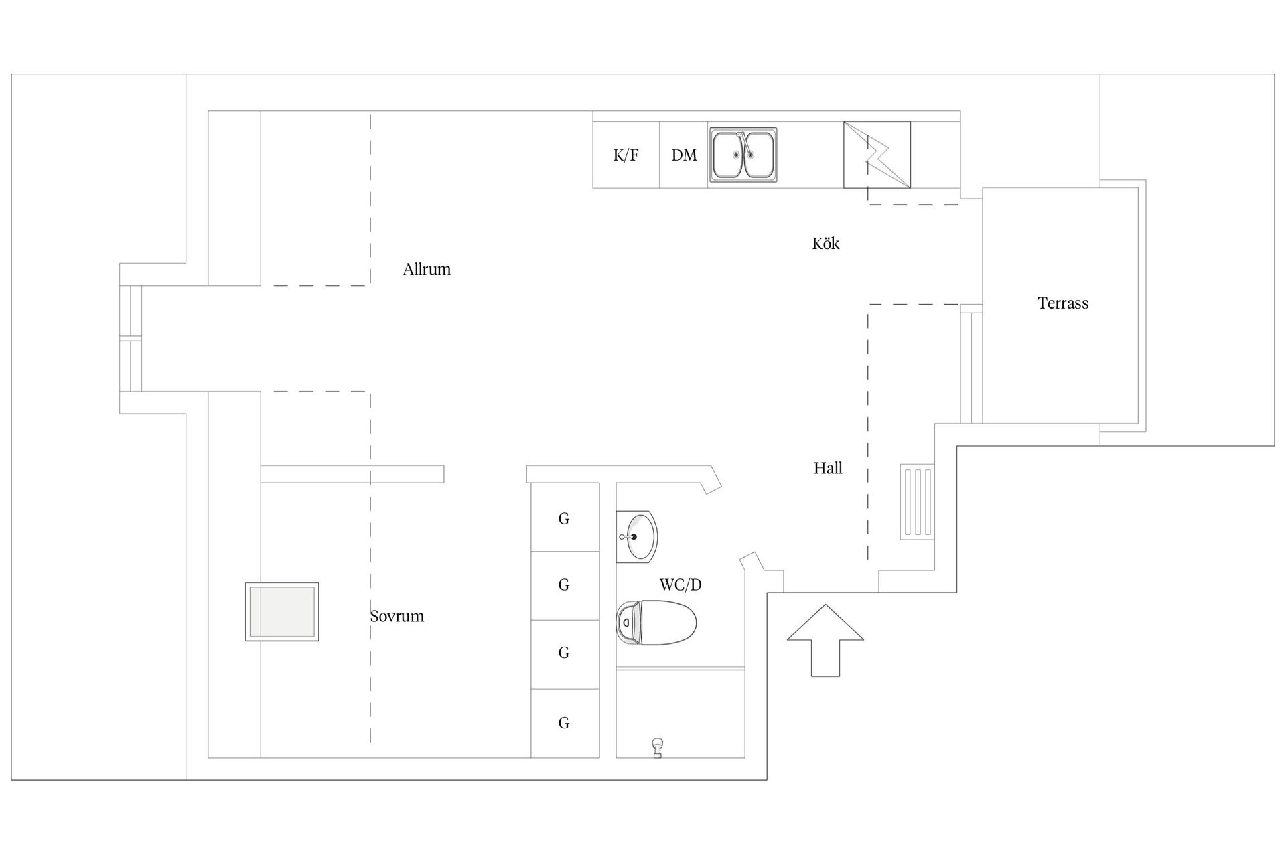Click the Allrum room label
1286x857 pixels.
coord(427,270)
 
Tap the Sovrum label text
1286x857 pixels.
coord(397,616)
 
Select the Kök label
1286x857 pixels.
coord(825,244)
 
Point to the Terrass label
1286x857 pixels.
coord(1062,303)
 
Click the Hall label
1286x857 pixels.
coord(828,468)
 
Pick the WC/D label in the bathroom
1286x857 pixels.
coord(680,585)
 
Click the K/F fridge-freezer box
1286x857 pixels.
coord(626,155)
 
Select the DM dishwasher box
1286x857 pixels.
coord(684,155)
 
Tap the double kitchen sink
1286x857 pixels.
coord(743,155)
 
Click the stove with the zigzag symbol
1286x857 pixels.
coord(877,155)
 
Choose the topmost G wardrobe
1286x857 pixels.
coord(565,518)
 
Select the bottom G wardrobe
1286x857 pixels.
coord(565,723)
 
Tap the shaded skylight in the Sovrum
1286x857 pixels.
coord(282,612)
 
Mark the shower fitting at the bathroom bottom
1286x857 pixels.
coord(658,747)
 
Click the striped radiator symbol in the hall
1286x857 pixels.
coord(916,502)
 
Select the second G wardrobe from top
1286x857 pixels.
coord(565,585)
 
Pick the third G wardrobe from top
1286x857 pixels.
coord(565,653)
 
